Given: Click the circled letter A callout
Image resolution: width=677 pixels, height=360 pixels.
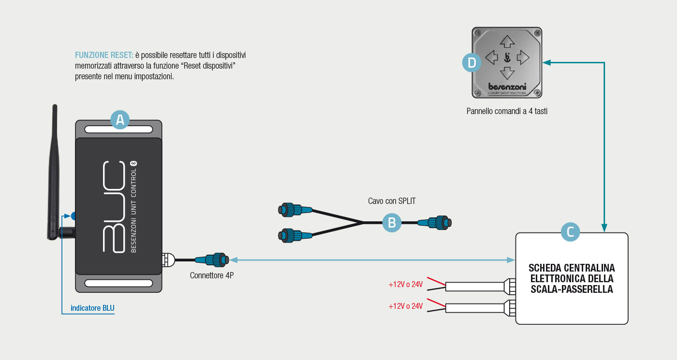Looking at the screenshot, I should [120, 119].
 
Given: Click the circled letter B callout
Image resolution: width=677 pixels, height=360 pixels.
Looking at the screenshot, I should [392, 223].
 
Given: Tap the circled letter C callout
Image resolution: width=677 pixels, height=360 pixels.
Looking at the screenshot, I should [570, 232].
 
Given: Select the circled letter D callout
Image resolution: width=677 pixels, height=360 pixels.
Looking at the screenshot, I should [472, 62].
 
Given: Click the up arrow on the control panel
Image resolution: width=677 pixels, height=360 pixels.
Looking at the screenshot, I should [507, 43].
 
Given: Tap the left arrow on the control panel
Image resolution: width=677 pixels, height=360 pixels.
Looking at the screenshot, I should [491, 58].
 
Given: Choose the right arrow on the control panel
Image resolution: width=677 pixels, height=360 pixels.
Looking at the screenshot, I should [523, 58].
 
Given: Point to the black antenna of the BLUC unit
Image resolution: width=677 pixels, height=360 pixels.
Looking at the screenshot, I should [53, 174].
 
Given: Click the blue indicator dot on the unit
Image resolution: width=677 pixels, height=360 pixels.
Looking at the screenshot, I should [74, 216].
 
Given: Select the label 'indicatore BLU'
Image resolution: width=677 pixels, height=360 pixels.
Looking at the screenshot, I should [92, 308].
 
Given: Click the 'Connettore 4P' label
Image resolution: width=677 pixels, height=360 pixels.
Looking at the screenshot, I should [212, 275].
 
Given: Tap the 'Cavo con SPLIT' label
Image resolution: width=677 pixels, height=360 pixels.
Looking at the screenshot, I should [392, 201].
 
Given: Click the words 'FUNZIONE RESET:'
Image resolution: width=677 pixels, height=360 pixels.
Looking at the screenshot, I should [104, 55].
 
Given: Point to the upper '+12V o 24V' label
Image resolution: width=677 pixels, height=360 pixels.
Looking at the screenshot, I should [405, 285].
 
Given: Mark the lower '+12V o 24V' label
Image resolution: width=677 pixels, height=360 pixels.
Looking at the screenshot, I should [405, 306].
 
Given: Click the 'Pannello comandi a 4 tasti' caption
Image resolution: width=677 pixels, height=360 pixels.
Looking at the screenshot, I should [507, 111].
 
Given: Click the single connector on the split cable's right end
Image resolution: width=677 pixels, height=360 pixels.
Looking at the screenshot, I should [440, 223].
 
